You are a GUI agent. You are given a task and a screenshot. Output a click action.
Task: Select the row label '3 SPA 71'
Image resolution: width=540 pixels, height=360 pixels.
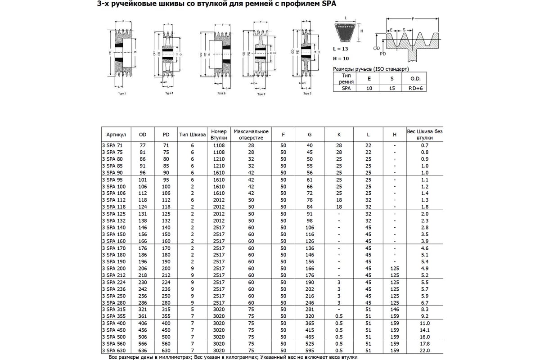pyautogui.click(x=112, y=145)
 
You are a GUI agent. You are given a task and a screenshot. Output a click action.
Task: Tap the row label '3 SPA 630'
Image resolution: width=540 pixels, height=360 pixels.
pyautogui.click(x=114, y=351)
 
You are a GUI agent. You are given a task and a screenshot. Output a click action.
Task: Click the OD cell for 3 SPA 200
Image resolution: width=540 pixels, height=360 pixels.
pyautogui.click(x=143, y=268)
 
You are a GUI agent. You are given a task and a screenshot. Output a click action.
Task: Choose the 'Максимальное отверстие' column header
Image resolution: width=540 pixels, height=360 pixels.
pyautogui.click(x=251, y=135)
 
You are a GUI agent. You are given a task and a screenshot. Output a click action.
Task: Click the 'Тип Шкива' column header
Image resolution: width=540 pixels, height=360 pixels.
pyautogui.click(x=193, y=135)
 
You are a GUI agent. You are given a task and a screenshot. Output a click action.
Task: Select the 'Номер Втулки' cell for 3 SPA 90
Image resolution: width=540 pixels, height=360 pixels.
pyautogui.click(x=219, y=172)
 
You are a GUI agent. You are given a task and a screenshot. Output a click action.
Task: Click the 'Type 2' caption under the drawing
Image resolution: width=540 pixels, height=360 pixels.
pyautogui.click(x=122, y=93)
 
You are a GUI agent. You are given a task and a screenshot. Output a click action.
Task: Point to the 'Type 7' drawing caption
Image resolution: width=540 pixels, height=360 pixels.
pyautogui.click(x=261, y=95)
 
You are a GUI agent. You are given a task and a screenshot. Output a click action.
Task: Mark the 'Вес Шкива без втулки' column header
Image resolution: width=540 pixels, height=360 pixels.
pyautogui.click(x=424, y=135)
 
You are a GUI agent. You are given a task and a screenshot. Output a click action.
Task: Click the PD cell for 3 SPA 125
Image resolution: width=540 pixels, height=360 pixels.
pyautogui.click(x=166, y=214)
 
